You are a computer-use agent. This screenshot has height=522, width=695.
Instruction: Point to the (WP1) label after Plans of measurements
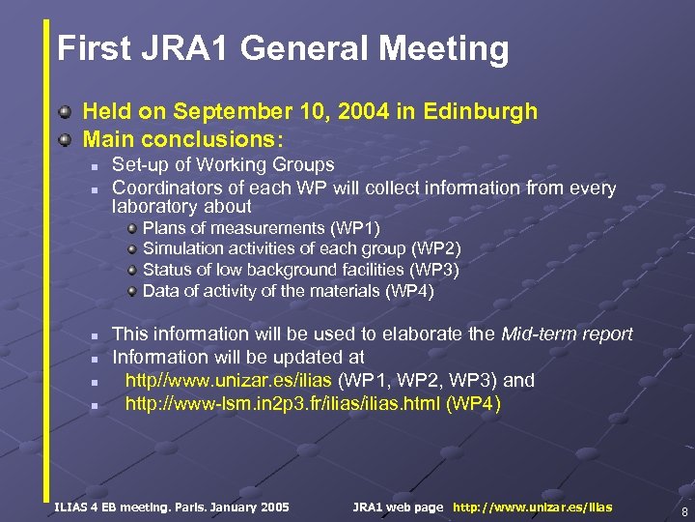coord(355,228)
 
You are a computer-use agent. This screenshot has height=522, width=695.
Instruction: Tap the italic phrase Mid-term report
coord(568,334)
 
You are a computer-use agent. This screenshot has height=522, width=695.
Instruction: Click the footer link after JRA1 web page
coord(532,507)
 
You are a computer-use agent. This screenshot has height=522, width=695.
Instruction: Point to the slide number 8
coord(683,511)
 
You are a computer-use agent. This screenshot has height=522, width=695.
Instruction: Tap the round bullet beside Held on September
coord(65,112)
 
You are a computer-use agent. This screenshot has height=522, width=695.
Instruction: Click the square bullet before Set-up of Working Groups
coord(95,166)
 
